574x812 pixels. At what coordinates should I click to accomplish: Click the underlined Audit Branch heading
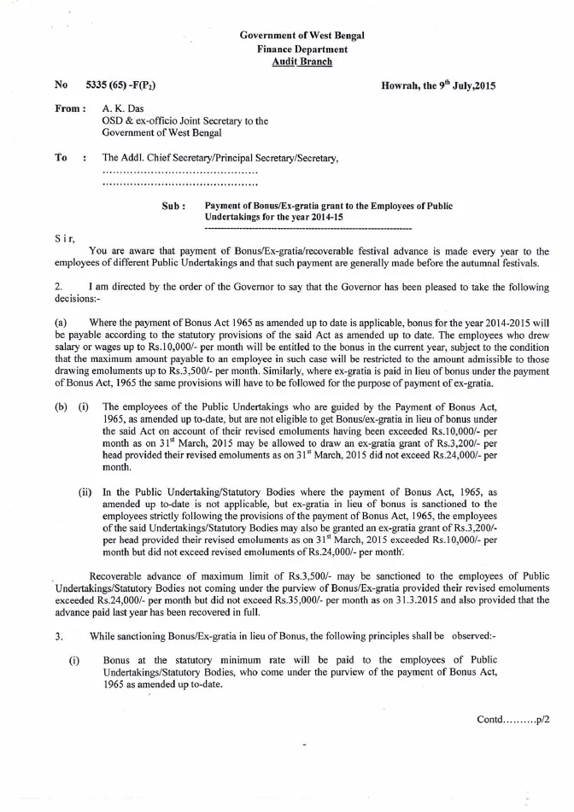coord(302,62)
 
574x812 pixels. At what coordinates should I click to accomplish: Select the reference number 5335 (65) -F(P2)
coord(121,86)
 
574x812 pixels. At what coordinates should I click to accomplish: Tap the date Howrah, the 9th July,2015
coord(439,86)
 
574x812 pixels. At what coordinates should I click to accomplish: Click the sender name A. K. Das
coord(123,109)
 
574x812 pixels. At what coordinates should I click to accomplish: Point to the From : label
coord(70,109)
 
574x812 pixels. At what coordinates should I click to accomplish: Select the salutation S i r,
coord(65,238)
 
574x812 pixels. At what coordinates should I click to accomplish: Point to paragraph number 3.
coord(58,636)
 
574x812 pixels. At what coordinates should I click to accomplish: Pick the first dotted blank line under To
coord(179,171)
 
